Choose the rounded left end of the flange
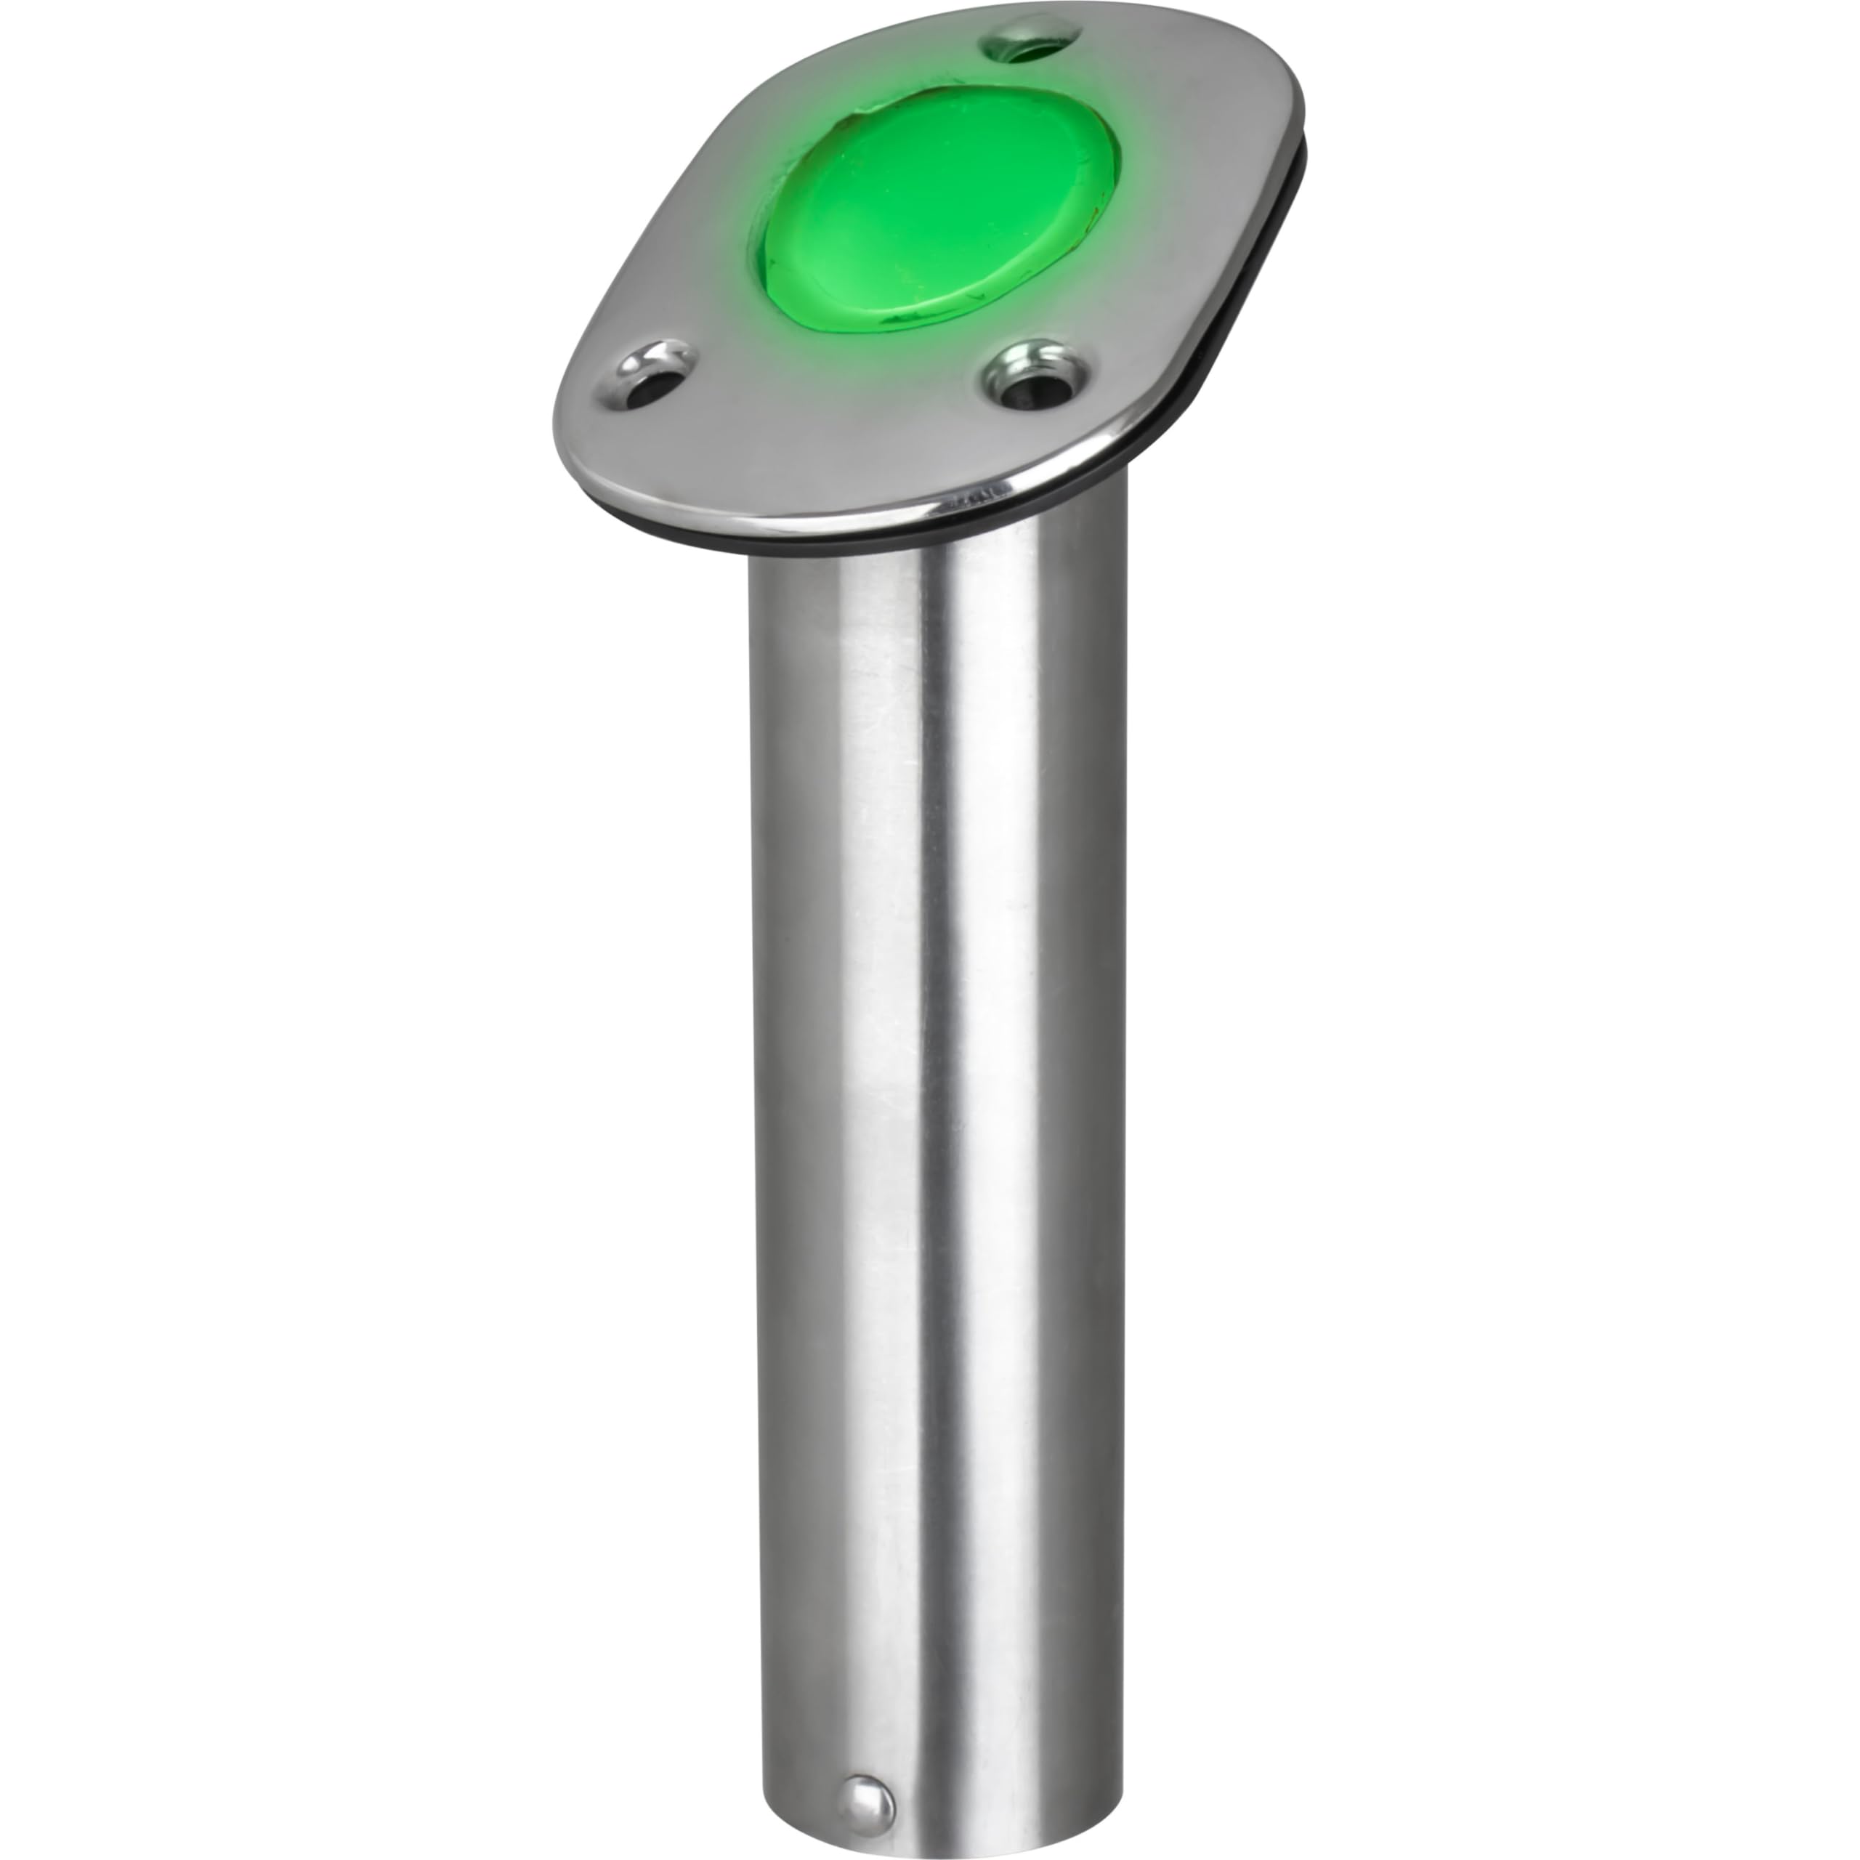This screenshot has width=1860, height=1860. click(x=568, y=433)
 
